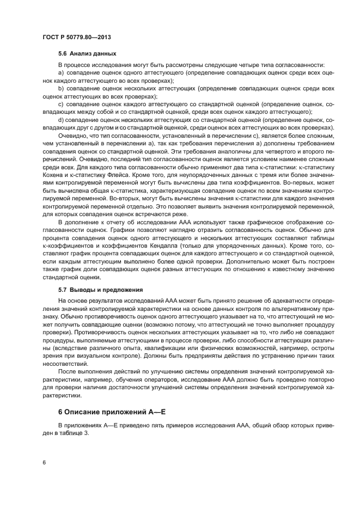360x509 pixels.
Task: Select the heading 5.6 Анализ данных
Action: [87, 54]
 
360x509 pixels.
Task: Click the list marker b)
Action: [61, 88]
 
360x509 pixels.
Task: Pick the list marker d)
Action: [61, 119]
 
